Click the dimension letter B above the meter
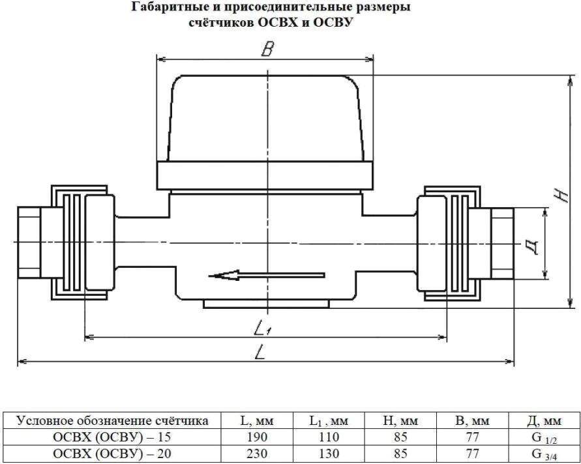tap(267, 50)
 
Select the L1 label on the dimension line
tap(263, 327)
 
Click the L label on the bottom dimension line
tap(260, 351)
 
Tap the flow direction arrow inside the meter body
tap(267, 276)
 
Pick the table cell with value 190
tap(257, 437)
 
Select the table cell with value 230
tap(257, 454)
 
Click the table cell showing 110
tap(329, 437)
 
